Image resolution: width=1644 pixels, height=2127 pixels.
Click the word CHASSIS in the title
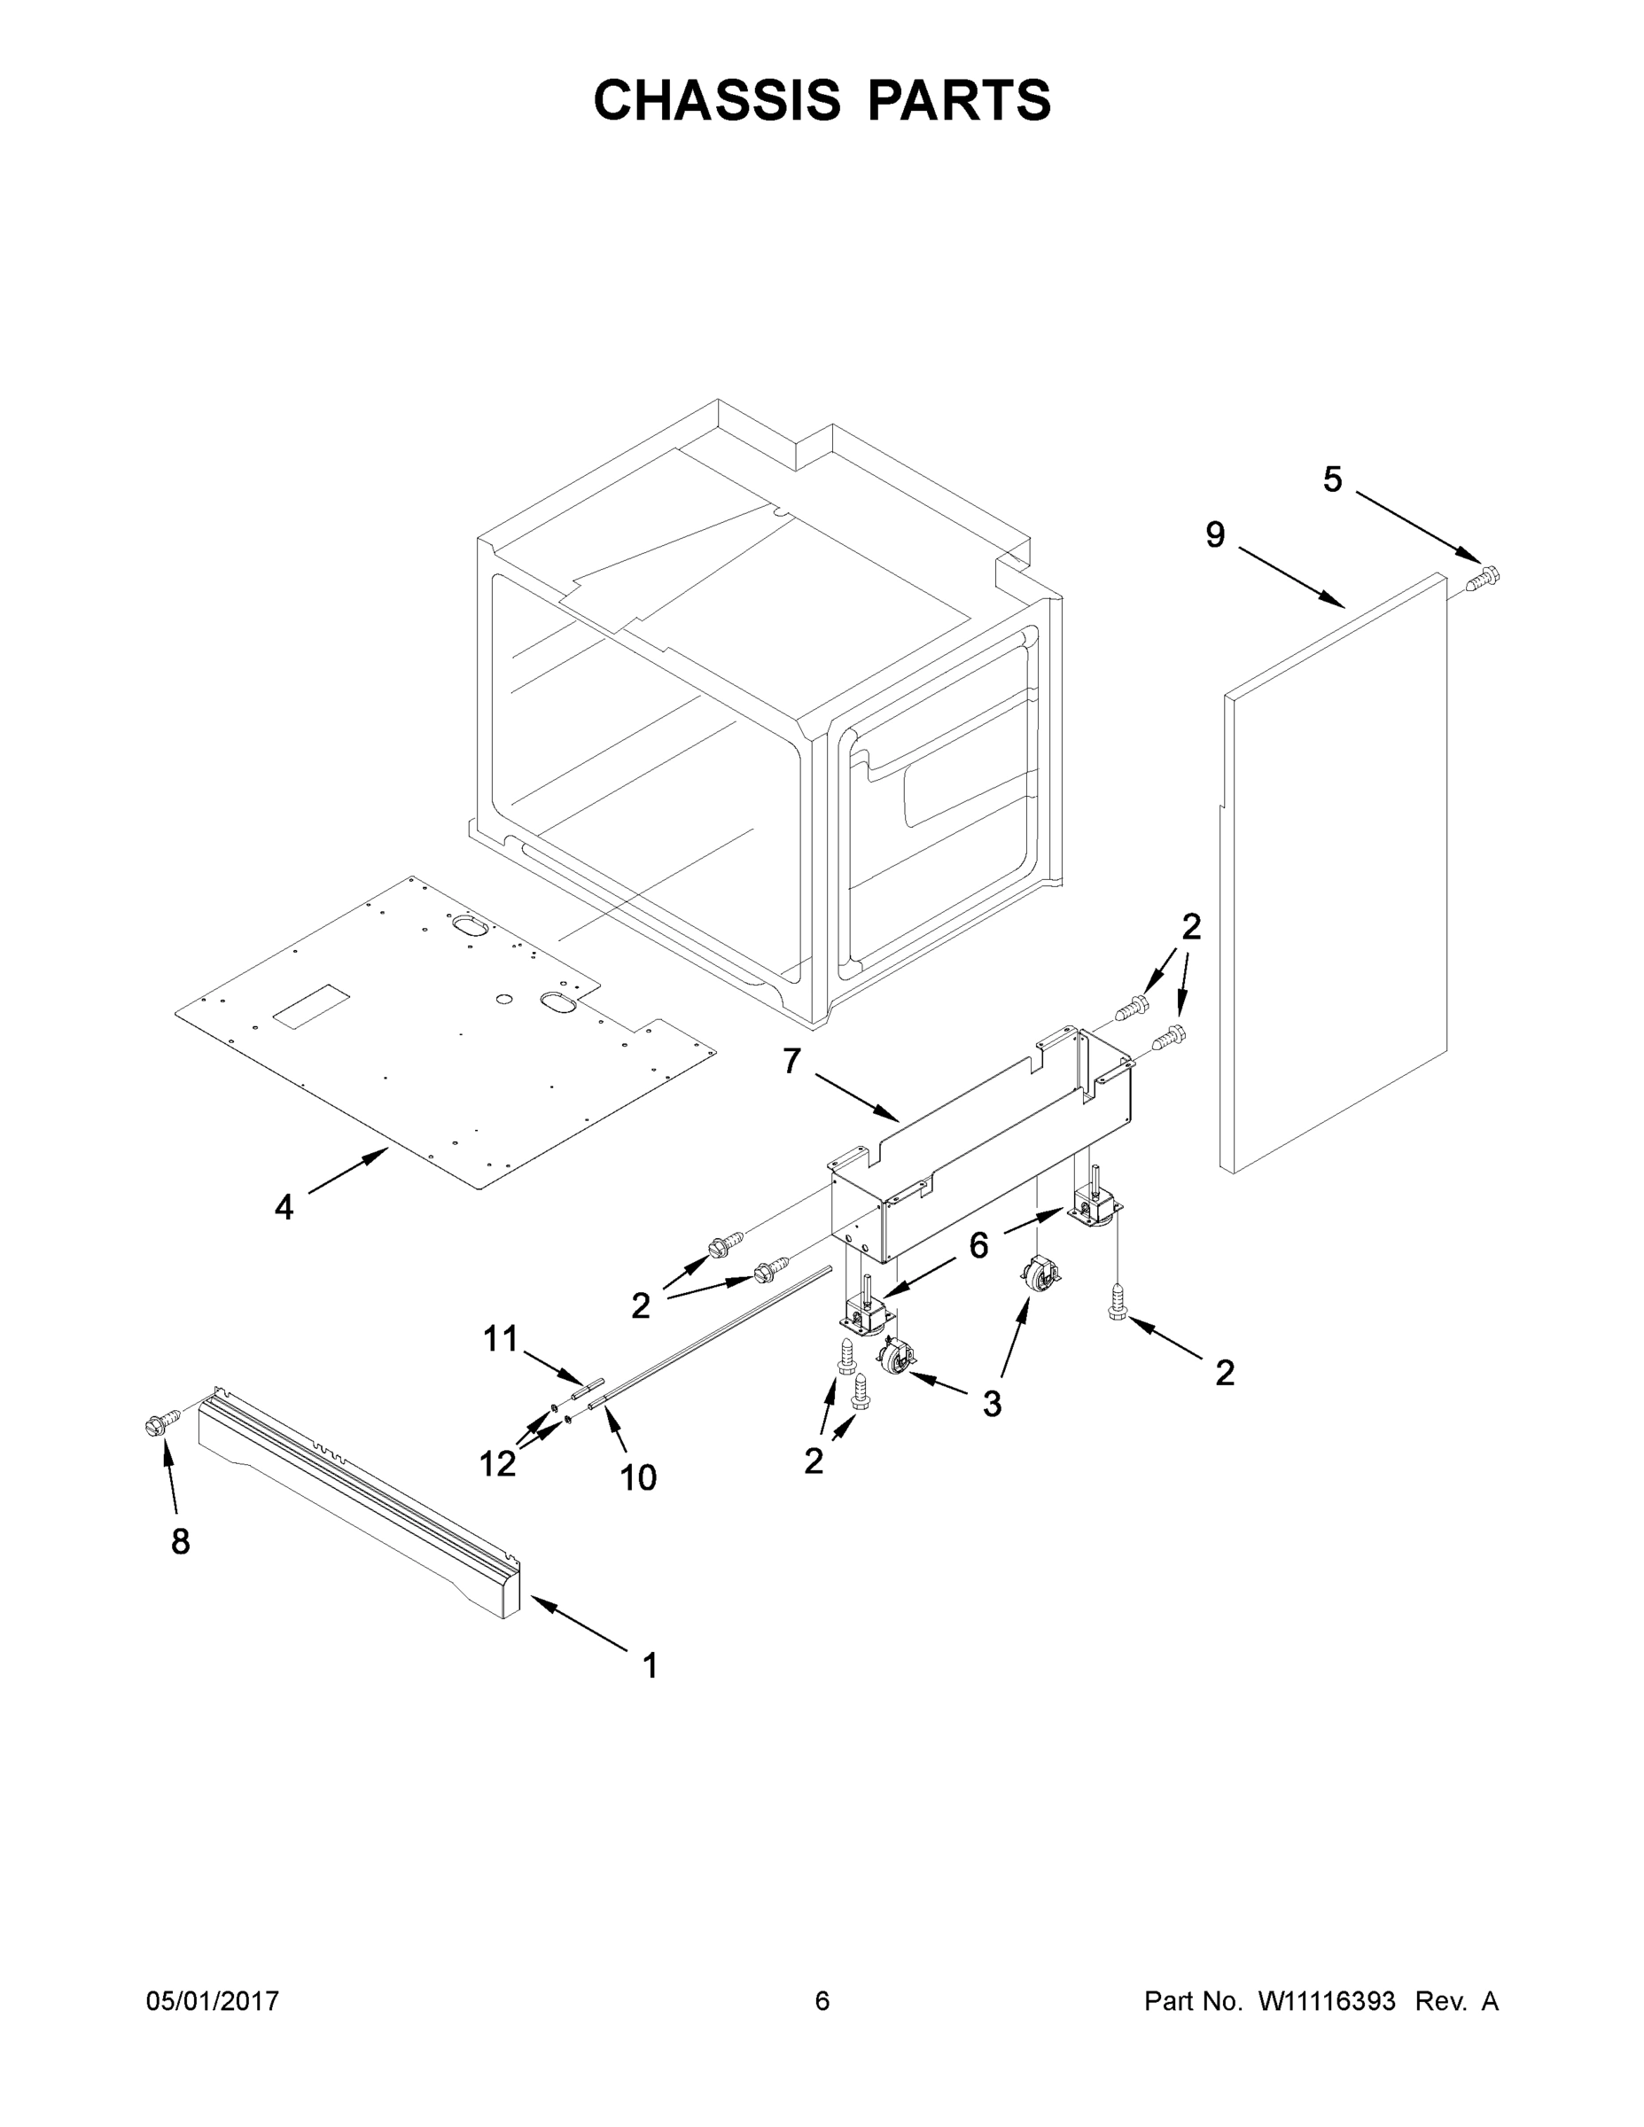pos(717,100)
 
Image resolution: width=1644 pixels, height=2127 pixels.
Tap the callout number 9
pos(1215,534)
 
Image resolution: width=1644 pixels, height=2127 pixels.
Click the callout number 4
pos(284,1208)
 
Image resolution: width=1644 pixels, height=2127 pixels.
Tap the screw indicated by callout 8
pos(160,1425)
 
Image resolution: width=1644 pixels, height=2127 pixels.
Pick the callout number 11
pos(501,1339)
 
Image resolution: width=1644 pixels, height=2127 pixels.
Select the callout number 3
pos(992,1404)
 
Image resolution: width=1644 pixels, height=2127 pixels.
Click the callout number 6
pos(978,1244)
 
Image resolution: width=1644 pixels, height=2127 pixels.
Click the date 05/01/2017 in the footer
pos(213,2001)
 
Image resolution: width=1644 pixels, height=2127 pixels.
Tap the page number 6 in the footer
pos(822,2001)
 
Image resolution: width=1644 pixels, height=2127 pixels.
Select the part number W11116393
pos(1327,2001)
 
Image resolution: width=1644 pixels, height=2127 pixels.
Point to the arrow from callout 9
pos(1291,580)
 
